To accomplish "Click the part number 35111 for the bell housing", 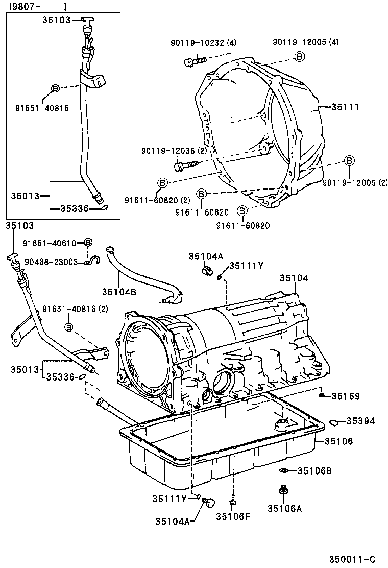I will click(345, 107).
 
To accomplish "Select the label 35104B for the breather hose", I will click(118, 292).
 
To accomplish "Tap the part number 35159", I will click(346, 396).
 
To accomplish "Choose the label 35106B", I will click(314, 470).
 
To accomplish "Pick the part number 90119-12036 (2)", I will click(174, 151).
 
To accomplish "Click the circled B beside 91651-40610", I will click(88, 242).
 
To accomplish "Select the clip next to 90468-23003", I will click(91, 262).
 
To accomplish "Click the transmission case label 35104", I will click(294, 278).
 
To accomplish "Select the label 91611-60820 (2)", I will click(156, 200).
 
